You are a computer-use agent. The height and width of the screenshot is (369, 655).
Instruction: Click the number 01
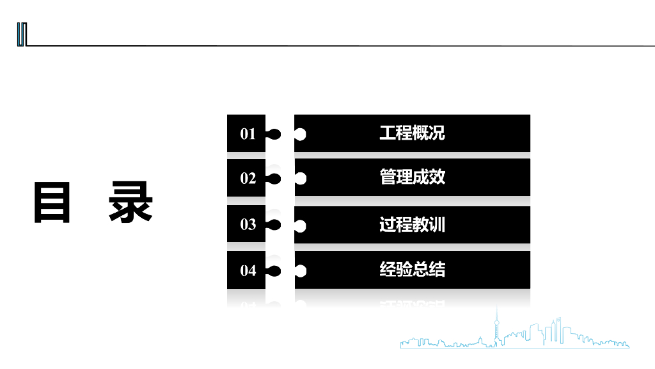(x=248, y=134)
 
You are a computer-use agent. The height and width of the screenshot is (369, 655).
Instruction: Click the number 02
(x=248, y=178)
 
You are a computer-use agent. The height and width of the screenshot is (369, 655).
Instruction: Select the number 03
(x=248, y=225)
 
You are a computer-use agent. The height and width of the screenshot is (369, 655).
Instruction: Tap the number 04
(x=248, y=271)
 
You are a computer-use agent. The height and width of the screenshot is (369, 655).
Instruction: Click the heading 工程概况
(x=412, y=133)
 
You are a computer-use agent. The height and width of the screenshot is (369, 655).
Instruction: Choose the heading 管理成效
(x=412, y=177)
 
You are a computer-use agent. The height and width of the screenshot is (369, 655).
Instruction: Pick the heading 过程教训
(x=412, y=225)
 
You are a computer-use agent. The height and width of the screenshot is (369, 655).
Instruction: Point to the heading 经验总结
(x=412, y=270)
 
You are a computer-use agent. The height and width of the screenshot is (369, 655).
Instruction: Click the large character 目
(x=52, y=203)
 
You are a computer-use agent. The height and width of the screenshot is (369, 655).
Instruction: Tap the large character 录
(x=130, y=203)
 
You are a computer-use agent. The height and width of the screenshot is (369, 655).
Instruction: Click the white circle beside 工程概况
(x=300, y=135)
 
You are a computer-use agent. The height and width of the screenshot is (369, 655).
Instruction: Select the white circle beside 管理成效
(x=300, y=179)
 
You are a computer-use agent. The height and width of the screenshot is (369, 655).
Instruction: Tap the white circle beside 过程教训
(x=300, y=225)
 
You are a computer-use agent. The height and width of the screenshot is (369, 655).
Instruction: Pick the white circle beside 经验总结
(x=300, y=272)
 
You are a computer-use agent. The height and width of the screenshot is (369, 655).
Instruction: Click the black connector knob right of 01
(x=274, y=135)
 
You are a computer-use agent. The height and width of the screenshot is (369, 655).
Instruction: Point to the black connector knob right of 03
(x=274, y=225)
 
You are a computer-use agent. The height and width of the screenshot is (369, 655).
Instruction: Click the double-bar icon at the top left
(x=22, y=35)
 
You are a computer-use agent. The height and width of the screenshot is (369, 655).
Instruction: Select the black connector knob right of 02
(x=274, y=179)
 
